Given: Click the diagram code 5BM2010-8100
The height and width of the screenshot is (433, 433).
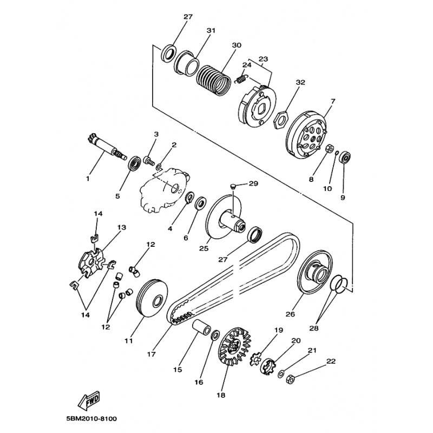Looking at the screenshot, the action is pyautogui.click(x=89, y=418).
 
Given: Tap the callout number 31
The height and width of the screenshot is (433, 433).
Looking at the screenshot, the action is pyautogui.click(x=211, y=31).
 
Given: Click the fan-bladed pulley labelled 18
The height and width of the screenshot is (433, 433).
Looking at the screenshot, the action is pyautogui.click(x=236, y=346).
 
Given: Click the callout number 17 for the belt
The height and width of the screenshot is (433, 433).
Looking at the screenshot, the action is pyautogui.click(x=151, y=355).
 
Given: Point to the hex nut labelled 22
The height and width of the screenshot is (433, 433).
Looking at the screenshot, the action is pyautogui.click(x=290, y=378).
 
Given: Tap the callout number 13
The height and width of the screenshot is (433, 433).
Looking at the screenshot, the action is pyautogui.click(x=121, y=227).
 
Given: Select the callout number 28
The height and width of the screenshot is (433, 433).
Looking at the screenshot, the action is pyautogui.click(x=314, y=328).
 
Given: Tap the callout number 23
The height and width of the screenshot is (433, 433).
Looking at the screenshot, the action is pyautogui.click(x=263, y=60).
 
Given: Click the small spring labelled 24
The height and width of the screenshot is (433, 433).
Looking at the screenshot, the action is pyautogui.click(x=241, y=80).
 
